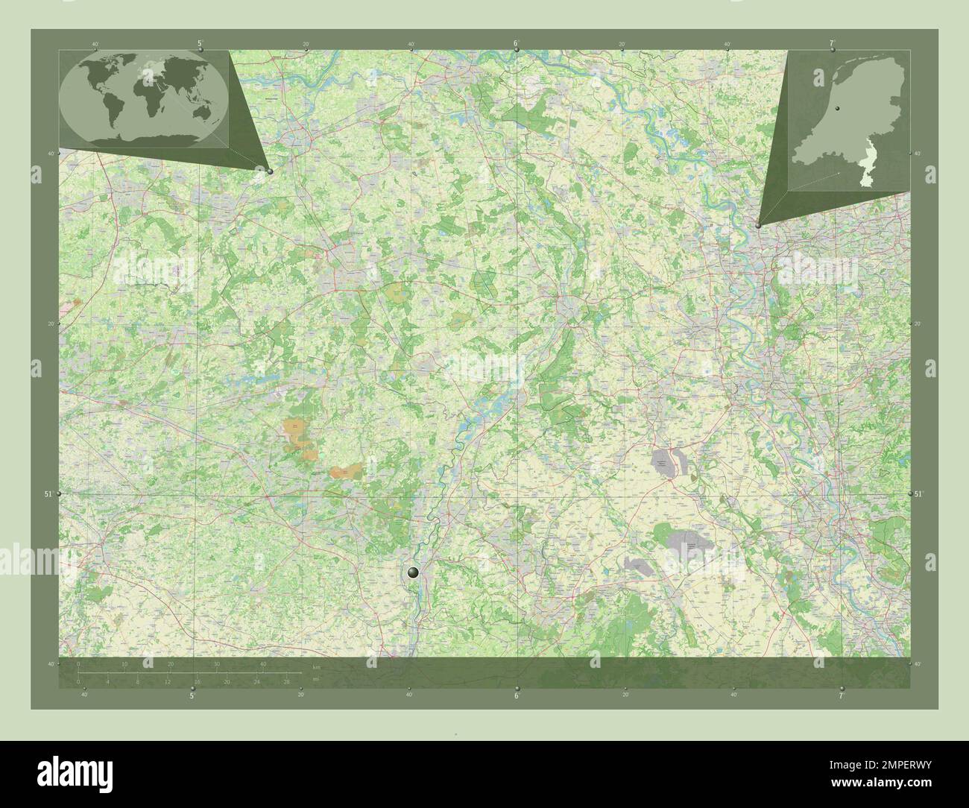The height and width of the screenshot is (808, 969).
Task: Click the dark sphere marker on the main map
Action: (x=414, y=572)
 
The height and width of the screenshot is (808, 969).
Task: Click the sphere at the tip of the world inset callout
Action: (x=270, y=171)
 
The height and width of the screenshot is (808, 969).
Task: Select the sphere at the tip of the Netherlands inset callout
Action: (x=758, y=224)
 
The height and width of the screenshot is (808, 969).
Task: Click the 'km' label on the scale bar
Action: (x=316, y=667)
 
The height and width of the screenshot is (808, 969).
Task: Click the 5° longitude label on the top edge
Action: (x=201, y=44)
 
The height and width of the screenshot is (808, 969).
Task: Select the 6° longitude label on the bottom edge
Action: (x=516, y=696)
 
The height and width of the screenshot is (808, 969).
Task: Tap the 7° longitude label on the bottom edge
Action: (x=842, y=696)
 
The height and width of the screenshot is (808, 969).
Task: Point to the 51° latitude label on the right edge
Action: (x=918, y=494)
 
